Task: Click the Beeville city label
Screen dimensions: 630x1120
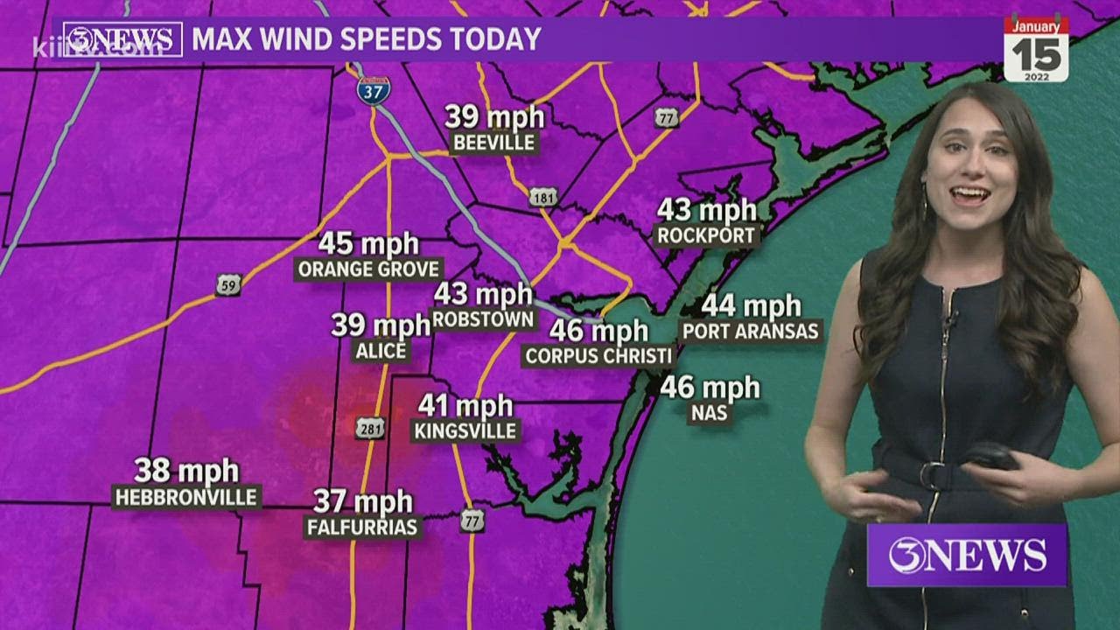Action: pyautogui.click(x=493, y=143)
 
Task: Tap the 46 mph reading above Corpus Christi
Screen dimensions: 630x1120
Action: pyautogui.click(x=599, y=331)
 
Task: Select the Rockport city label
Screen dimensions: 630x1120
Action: pyautogui.click(x=708, y=235)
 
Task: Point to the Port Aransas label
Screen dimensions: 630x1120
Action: pyautogui.click(x=752, y=332)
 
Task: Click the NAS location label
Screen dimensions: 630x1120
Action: pyautogui.click(x=709, y=413)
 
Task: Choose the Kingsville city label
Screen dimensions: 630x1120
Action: pyautogui.click(x=466, y=430)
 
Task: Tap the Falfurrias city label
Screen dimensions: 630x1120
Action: pyautogui.click(x=363, y=527)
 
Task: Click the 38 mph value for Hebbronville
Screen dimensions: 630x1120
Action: pyautogui.click(x=186, y=471)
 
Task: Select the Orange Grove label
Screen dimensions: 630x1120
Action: pyautogui.click(x=369, y=269)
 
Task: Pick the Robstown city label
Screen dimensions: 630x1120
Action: pyautogui.click(x=483, y=319)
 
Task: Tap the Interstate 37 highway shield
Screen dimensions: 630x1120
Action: pyautogui.click(x=374, y=89)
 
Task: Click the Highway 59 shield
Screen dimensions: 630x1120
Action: pyautogui.click(x=228, y=284)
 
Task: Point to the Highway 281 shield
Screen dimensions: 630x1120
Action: pyautogui.click(x=368, y=427)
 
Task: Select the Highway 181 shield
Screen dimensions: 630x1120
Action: pyautogui.click(x=542, y=197)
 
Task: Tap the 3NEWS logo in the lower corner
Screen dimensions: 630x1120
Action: pyautogui.click(x=967, y=555)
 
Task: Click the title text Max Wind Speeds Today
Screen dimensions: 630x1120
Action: pyautogui.click(x=367, y=39)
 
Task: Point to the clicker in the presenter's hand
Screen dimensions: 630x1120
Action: pyautogui.click(x=990, y=455)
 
